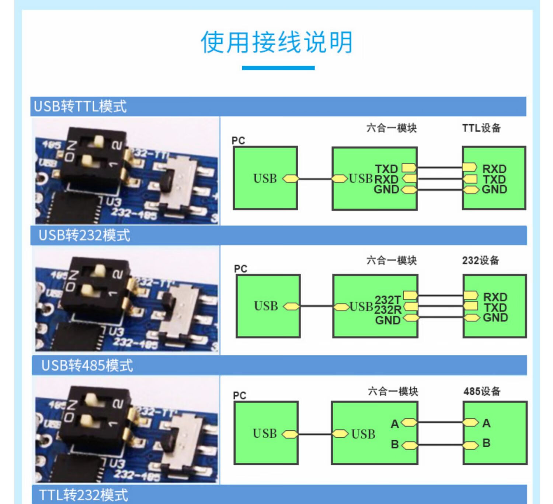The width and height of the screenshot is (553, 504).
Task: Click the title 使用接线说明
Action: (x=276, y=42)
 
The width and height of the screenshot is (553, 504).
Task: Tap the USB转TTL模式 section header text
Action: (x=80, y=106)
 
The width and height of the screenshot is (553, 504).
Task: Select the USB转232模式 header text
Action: (x=84, y=235)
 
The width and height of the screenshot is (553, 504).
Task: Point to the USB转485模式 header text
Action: (x=87, y=365)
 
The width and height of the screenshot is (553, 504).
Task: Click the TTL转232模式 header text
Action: (x=84, y=495)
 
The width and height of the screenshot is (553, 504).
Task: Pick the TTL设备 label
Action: (x=481, y=128)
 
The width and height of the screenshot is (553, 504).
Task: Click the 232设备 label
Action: (x=480, y=260)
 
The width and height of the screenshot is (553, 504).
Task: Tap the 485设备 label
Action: (x=482, y=391)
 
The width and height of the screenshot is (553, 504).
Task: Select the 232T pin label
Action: (x=387, y=300)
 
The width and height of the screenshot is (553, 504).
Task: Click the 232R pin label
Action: (x=388, y=310)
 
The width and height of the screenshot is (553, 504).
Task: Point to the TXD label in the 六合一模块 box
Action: (x=386, y=169)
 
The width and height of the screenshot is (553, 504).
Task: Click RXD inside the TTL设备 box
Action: (x=494, y=169)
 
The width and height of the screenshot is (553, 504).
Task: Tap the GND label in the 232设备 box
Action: (x=495, y=318)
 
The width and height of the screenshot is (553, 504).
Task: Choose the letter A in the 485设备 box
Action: (x=486, y=423)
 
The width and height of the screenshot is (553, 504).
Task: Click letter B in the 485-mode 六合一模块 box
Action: (x=395, y=444)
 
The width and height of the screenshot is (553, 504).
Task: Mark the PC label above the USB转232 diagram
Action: (x=240, y=269)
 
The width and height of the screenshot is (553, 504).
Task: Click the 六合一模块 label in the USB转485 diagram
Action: (x=393, y=391)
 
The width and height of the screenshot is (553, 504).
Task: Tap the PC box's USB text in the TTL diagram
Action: (x=265, y=179)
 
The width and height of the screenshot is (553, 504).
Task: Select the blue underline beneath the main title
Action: (x=278, y=68)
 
